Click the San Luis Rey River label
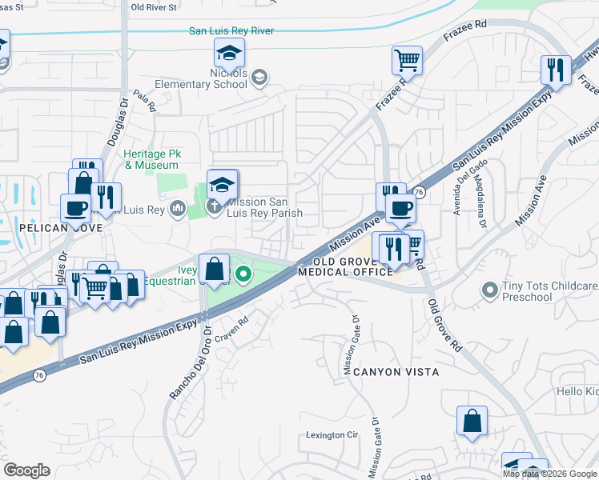tap(231, 31)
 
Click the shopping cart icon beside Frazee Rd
tap(407, 60)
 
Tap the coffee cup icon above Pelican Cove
tap(76, 208)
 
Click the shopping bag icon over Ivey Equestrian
tap(215, 269)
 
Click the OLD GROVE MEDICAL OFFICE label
tap(345, 267)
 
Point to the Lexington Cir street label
tap(331, 436)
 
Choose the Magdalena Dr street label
tap(481, 196)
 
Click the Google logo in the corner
tap(26, 470)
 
